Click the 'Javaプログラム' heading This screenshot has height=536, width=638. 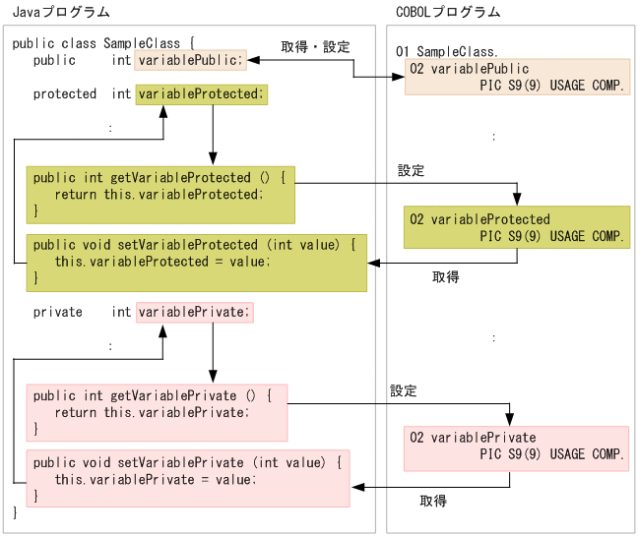tap(60, 12)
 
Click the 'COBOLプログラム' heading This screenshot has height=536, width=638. tap(445, 12)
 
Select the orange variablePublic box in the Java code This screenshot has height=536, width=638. tap(190, 60)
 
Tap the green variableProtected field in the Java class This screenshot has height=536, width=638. tap(201, 94)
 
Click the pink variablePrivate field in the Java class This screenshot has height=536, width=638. tap(195, 312)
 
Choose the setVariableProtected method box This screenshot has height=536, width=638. tap(196, 262)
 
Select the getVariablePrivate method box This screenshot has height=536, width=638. tap(156, 412)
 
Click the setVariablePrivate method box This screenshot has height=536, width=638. tap(187, 478)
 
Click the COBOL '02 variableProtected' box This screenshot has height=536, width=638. tap(517, 228)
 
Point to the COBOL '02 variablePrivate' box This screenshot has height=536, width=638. tap(517, 447)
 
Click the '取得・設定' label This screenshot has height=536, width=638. tap(315, 46)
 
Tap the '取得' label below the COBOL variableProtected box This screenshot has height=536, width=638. tap(446, 277)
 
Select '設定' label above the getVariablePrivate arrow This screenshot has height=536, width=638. tap(404, 390)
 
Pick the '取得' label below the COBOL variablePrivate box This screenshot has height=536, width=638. tap(433, 501)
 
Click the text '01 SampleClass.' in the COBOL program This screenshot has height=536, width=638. tap(446, 50)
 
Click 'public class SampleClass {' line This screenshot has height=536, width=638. tap(103, 43)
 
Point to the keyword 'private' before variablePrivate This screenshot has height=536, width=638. tap(58, 312)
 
